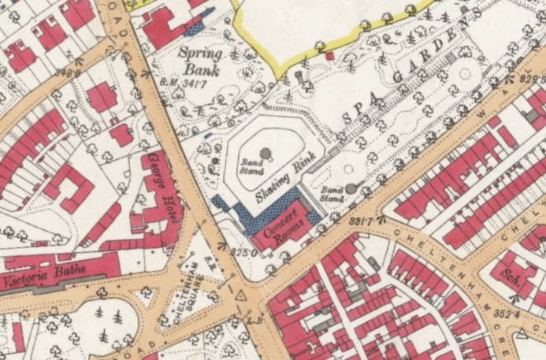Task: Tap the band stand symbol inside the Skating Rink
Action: click(x=266, y=152)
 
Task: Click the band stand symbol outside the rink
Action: click(x=351, y=188)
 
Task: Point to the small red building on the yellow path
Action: click(x=329, y=56)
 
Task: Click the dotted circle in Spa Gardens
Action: click(x=466, y=77)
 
